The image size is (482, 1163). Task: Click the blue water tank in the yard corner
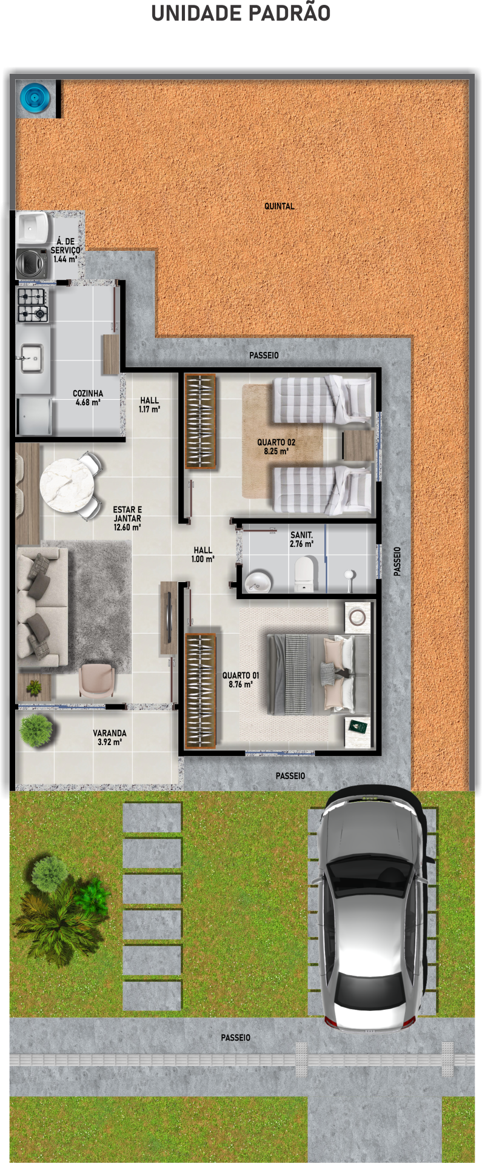click(x=35, y=98)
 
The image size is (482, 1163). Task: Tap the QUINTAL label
click(x=279, y=206)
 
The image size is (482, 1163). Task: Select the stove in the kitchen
click(x=33, y=305)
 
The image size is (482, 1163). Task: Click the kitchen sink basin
click(x=31, y=358)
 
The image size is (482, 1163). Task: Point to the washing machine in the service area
click(x=32, y=263)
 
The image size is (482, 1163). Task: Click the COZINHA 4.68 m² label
click(x=88, y=397)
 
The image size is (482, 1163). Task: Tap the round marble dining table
click(x=67, y=485)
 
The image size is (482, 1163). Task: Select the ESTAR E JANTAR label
click(x=127, y=519)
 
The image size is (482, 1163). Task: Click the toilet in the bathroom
click(x=304, y=574)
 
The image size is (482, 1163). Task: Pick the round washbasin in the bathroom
click(x=259, y=581)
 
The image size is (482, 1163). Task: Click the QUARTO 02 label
click(x=276, y=446)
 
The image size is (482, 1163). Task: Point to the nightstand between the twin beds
click(x=358, y=445)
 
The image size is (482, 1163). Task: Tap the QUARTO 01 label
click(x=241, y=680)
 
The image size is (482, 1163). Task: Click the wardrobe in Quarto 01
click(x=200, y=691)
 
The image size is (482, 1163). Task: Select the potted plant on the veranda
click(x=36, y=730)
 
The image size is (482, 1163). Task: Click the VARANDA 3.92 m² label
click(x=110, y=737)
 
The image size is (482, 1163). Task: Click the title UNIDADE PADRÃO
click(x=241, y=13)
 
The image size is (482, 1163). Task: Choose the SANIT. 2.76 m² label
click(x=301, y=539)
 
